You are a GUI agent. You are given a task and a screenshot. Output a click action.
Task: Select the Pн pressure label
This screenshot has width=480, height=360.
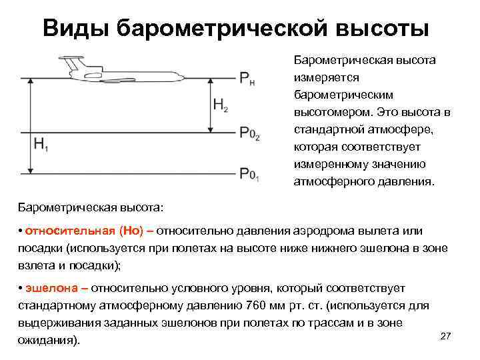[x=246, y=79]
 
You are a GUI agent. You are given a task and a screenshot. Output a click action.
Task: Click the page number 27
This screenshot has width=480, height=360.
[x=446, y=336]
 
